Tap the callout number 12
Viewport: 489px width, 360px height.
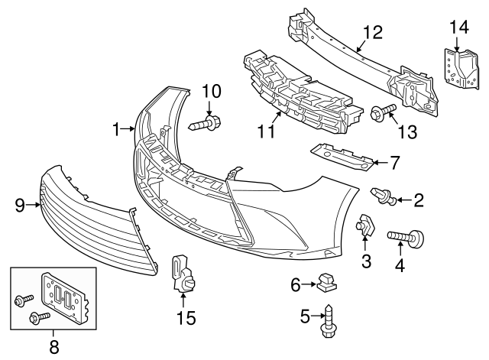point(372,32)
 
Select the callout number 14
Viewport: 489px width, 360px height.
point(458,28)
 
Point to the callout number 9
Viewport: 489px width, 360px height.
point(21,204)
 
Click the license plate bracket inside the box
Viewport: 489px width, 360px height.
point(64,294)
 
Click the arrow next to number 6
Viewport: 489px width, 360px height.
point(310,284)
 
